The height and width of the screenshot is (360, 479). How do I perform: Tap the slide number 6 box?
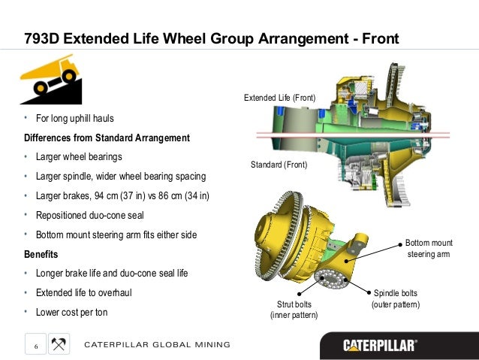pyautogui.click(x=35, y=345)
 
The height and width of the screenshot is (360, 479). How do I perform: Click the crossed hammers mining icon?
pyautogui.click(x=59, y=344)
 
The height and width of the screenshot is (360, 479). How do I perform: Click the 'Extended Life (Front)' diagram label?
pyautogui.click(x=279, y=98)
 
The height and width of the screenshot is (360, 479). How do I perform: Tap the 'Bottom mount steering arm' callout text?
pyautogui.click(x=428, y=249)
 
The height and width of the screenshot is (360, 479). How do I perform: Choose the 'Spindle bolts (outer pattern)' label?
pyautogui.click(x=396, y=298)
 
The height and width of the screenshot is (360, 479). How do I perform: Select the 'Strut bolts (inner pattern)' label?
pyautogui.click(x=294, y=309)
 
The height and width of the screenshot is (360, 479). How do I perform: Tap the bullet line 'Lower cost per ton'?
pyautogui.click(x=72, y=311)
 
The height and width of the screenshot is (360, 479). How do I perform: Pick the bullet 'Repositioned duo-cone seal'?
pyautogui.click(x=90, y=216)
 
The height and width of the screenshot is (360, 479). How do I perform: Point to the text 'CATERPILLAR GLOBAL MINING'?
pyautogui.click(x=157, y=345)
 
